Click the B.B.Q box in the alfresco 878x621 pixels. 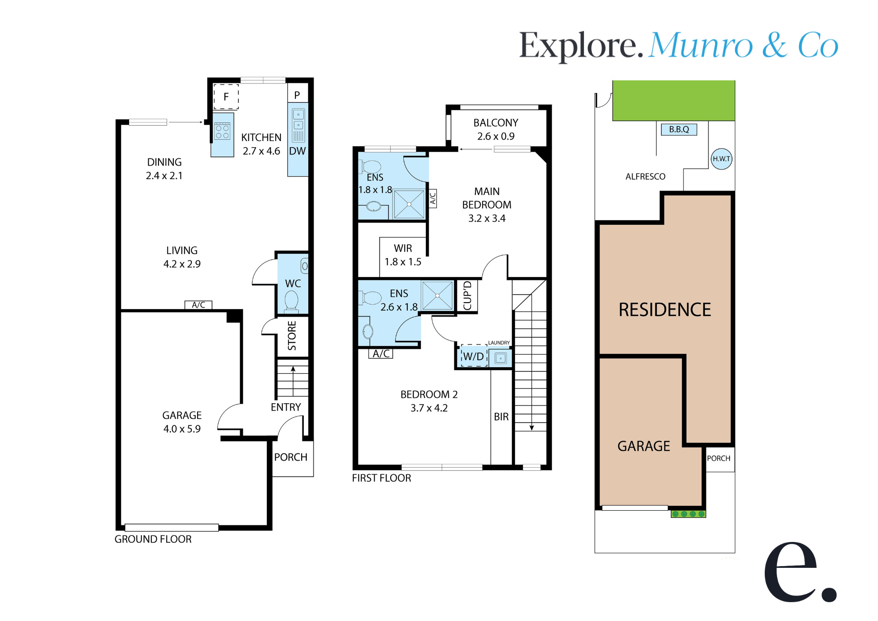[679, 130]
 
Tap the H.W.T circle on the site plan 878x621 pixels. [721, 159]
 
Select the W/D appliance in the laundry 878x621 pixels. [474, 356]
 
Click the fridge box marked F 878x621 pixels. [226, 97]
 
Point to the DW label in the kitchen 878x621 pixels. [297, 151]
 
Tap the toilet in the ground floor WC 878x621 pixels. [291, 301]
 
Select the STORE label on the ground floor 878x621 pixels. [292, 336]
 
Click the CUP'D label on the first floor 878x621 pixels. [467, 295]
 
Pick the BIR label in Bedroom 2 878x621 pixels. [501, 417]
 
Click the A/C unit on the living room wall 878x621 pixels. [198, 305]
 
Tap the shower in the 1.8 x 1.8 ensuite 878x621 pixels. [409, 204]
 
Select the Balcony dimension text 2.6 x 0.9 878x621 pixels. [496, 137]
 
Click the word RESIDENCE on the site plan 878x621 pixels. [665, 310]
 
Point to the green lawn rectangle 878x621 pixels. [674, 101]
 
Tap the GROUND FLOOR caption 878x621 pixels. [153, 539]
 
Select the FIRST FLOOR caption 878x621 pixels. [381, 478]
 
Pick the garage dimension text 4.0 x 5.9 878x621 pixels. [182, 429]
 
